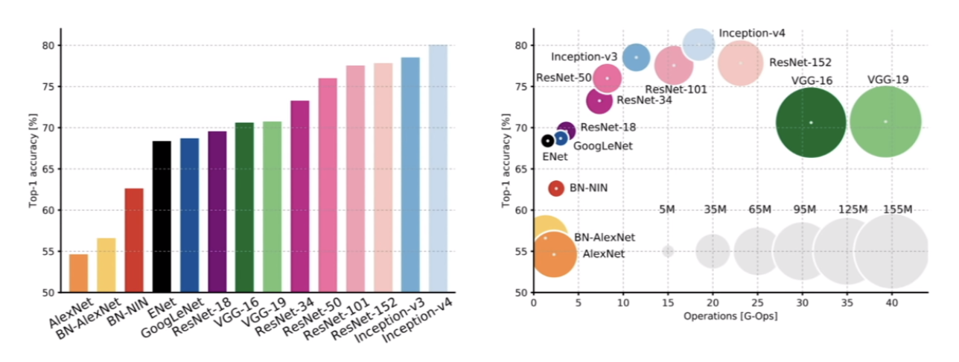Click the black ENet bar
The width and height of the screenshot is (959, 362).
click(162, 216)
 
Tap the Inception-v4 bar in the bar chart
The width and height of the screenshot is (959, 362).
click(438, 168)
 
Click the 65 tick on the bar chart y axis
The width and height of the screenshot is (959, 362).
click(45, 169)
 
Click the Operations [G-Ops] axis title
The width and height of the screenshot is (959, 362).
click(730, 317)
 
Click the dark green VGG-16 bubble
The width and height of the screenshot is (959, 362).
click(811, 123)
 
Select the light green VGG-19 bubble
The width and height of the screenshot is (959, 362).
click(885, 121)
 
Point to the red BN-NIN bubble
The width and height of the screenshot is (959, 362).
click(555, 188)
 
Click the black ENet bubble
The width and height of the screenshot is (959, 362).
click(547, 140)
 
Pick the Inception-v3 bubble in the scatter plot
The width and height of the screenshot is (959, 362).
click(636, 57)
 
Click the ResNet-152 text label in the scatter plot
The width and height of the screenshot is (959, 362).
click(800, 63)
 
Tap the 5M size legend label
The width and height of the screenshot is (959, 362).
click(667, 209)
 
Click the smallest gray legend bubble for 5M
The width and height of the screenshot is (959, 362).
click(668, 252)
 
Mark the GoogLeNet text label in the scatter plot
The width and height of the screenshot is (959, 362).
click(602, 146)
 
